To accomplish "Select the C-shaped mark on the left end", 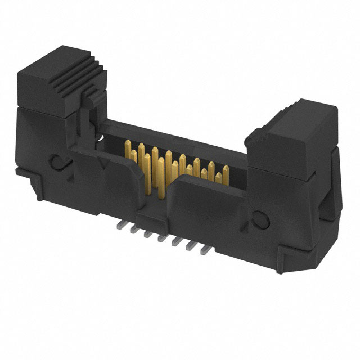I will (57, 164).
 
